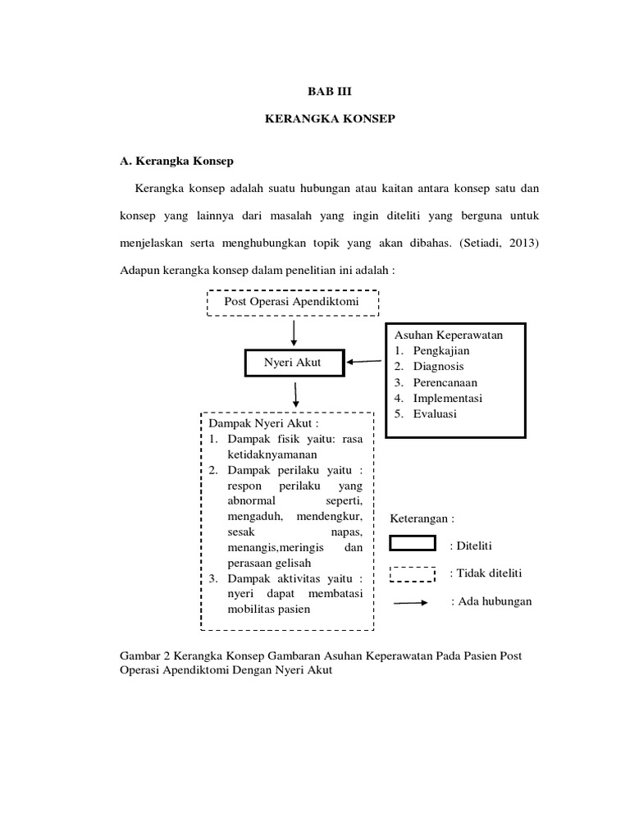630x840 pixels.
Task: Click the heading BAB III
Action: tap(329, 94)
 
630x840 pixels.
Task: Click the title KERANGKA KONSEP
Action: tap(330, 120)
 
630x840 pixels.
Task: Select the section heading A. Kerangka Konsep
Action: tap(176, 161)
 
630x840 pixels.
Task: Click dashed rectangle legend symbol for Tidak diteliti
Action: tap(412, 573)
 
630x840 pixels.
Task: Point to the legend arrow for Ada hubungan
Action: tap(412, 602)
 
